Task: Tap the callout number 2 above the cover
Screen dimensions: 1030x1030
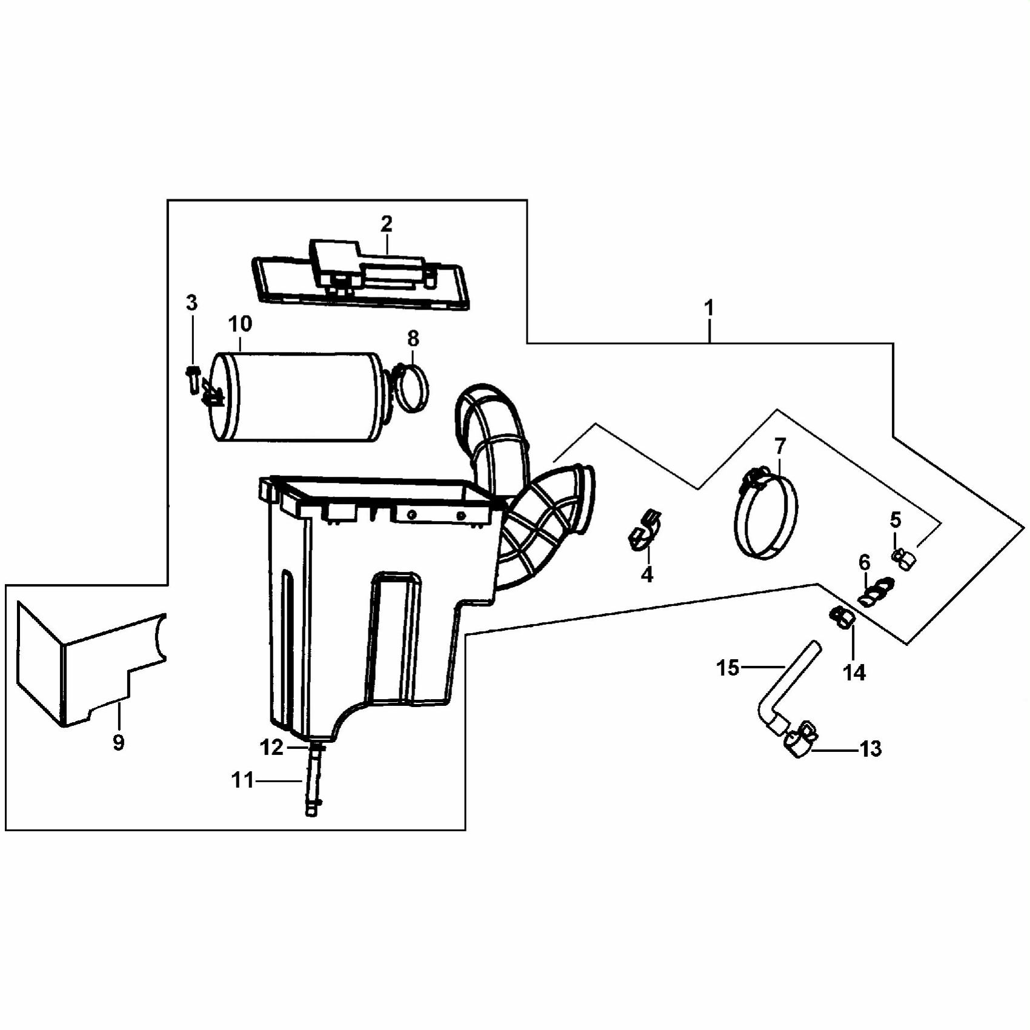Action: pyautogui.click(x=387, y=224)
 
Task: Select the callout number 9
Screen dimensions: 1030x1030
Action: pyautogui.click(x=118, y=742)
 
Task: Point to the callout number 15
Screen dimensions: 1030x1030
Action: pyautogui.click(x=728, y=668)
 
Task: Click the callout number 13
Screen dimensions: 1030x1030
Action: pyautogui.click(x=871, y=749)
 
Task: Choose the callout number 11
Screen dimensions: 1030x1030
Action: pyautogui.click(x=242, y=780)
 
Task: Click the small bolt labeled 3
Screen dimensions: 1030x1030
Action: pyautogui.click(x=193, y=379)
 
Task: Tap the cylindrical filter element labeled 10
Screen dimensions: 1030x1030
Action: pyautogui.click(x=298, y=397)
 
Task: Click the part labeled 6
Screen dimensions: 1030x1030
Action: pyautogui.click(x=876, y=591)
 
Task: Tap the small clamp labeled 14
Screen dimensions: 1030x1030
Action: pyautogui.click(x=842, y=618)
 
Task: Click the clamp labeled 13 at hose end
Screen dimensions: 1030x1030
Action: pyautogui.click(x=800, y=739)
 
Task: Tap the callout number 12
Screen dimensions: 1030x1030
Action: pyautogui.click(x=271, y=748)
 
